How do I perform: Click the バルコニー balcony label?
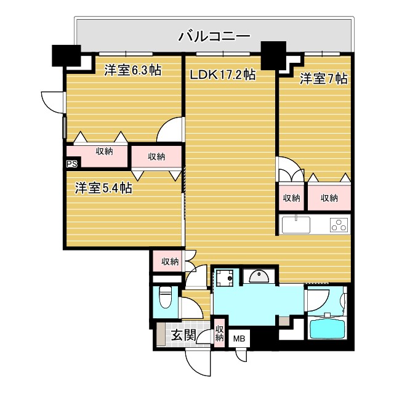pyautogui.click(x=214, y=36)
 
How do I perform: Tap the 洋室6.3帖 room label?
pyautogui.click(x=132, y=70)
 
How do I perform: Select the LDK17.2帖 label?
pyautogui.click(x=222, y=75)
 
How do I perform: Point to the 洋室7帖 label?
pyautogui.click(x=324, y=79)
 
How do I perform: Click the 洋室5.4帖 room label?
pyautogui.click(x=103, y=188)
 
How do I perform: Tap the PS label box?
pyautogui.click(x=72, y=164)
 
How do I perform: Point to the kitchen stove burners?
pyautogui.click(x=339, y=225)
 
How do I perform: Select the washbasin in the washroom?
pyautogui.click(x=259, y=278)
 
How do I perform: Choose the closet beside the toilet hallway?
pyautogui.click(x=169, y=262)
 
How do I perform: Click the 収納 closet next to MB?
pyautogui.click(x=219, y=333)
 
